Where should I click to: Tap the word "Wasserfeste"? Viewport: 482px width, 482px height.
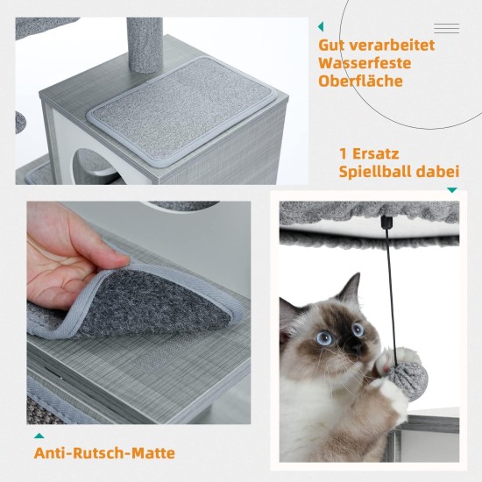tap(365, 63)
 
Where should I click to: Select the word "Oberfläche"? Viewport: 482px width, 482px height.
tap(360, 81)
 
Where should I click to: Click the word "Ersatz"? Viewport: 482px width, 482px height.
tap(375, 153)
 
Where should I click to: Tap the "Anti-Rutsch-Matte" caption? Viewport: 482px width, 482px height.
tap(104, 453)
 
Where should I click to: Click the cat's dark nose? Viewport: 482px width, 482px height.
tap(357, 347)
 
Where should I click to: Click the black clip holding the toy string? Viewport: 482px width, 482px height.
tap(386, 221)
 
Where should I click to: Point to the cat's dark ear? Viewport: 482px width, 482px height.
tap(351, 287)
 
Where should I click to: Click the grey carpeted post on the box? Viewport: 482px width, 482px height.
tap(145, 45)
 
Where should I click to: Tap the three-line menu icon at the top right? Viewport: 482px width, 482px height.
tap(447, 28)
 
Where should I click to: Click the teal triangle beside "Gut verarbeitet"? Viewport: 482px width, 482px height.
tap(321, 27)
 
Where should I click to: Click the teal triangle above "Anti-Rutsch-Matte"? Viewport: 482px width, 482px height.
tap(39, 436)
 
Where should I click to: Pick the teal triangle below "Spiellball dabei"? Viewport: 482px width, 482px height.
tap(452, 190)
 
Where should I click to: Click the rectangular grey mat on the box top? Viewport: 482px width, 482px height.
tap(182, 111)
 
